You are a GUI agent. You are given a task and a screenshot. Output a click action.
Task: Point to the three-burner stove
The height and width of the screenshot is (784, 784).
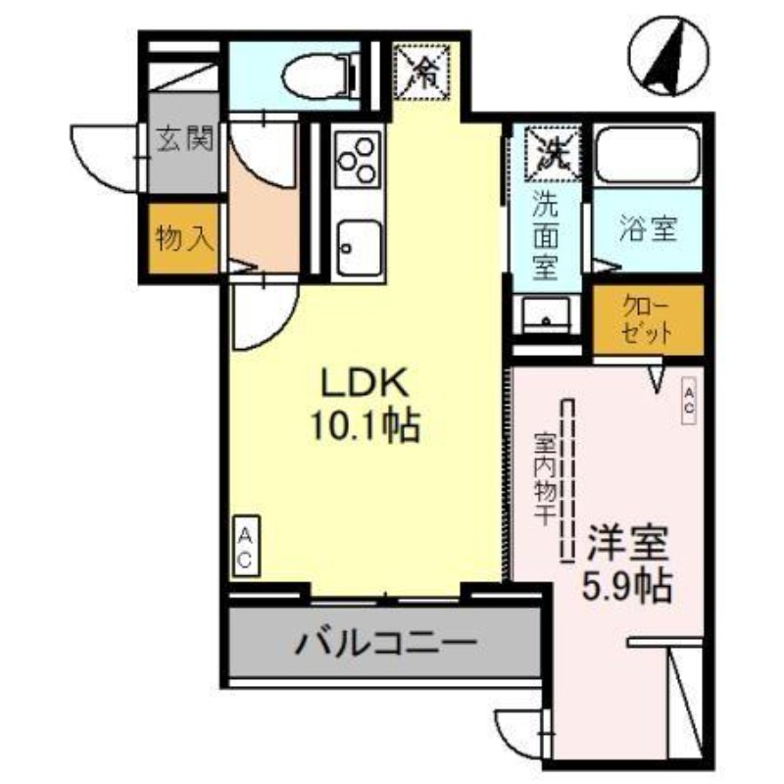pyautogui.click(x=357, y=157)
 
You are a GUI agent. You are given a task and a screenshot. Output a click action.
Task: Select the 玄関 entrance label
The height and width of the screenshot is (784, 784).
pyautogui.click(x=183, y=141)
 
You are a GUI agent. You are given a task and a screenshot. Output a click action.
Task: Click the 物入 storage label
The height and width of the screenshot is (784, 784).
pyautogui.click(x=185, y=237)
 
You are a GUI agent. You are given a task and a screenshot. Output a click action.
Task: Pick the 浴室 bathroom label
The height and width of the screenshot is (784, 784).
pyautogui.click(x=648, y=231)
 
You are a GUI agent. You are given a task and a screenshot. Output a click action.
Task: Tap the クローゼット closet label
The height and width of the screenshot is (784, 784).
pyautogui.click(x=648, y=319)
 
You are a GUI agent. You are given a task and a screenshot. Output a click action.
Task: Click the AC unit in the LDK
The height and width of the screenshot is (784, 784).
pyautogui.click(x=245, y=548)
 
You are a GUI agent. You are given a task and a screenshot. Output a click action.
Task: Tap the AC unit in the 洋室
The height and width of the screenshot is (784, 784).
pyautogui.click(x=689, y=401)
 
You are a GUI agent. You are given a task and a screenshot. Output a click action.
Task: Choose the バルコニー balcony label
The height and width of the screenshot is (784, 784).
pyautogui.click(x=385, y=643)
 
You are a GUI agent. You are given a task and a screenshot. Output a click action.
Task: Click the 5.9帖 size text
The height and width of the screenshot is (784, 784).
pyautogui.click(x=627, y=584)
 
